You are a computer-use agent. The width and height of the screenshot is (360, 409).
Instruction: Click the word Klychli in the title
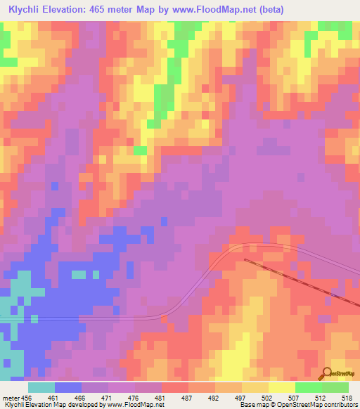pos(27,8)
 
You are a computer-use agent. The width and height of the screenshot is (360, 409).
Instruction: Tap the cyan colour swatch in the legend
pos(41,387)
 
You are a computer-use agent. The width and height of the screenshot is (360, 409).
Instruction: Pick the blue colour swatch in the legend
pos(68,387)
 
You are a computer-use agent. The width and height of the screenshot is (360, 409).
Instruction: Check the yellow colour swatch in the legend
pos(282,387)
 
